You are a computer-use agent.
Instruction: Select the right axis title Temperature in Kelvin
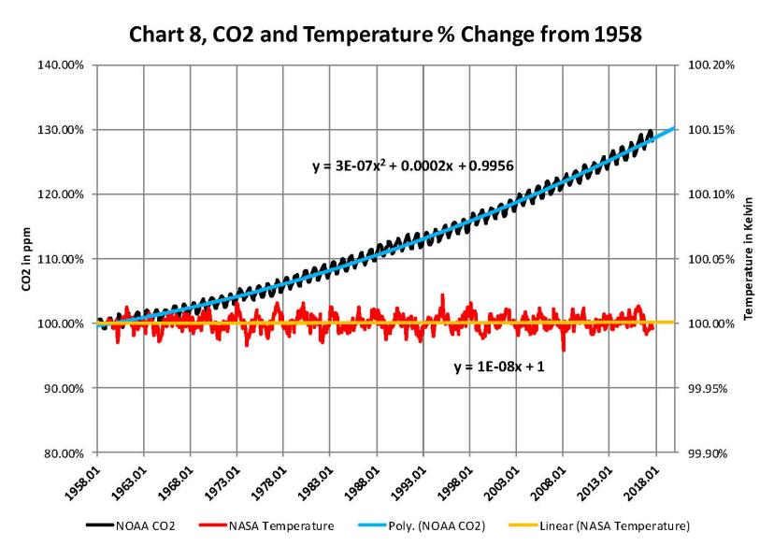(x=749, y=258)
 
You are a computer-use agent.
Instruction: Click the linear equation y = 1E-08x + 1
(x=498, y=366)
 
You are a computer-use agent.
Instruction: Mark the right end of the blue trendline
(x=676, y=127)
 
